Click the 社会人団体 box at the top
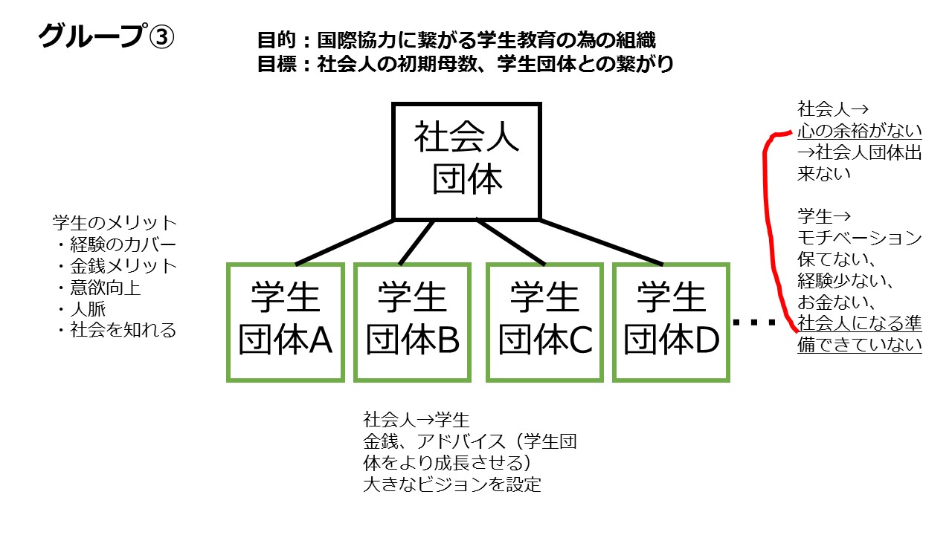[467, 161]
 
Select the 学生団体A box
[286, 322]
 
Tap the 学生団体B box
[412, 322]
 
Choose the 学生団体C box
[544, 322]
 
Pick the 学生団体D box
[671, 322]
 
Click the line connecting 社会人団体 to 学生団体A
[346, 242]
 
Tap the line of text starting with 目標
[465, 64]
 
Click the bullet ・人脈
[80, 308]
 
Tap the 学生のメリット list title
[115, 222]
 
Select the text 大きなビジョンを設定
[452, 486]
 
